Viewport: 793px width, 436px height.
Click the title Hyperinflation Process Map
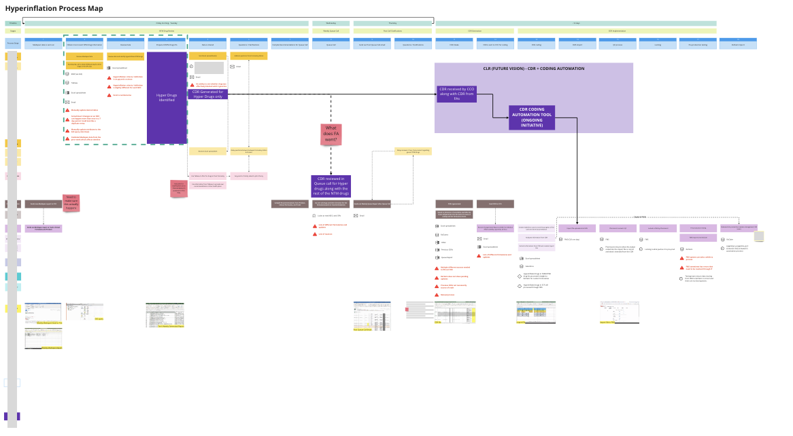tap(54, 7)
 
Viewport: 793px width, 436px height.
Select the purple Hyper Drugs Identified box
tap(167, 97)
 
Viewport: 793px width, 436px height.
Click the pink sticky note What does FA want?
tap(331, 134)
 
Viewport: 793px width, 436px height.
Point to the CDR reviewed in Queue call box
tap(331, 186)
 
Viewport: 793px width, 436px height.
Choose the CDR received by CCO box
tap(457, 94)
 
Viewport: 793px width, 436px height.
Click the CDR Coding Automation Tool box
tap(532, 117)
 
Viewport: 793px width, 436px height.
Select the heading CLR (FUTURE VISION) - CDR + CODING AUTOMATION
tap(533, 69)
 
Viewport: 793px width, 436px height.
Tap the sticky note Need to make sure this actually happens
tap(71, 202)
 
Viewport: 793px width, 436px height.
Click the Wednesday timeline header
tap(331, 23)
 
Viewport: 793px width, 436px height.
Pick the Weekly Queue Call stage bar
tap(331, 31)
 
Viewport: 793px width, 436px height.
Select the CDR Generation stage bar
tap(474, 31)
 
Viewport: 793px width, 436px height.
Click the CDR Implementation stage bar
tap(617, 31)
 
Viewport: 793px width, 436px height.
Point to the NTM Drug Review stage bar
tap(167, 31)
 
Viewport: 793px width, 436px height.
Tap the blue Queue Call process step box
tap(331, 44)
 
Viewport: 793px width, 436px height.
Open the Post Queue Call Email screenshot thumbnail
tap(371, 316)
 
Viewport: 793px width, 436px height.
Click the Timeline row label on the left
tap(13, 23)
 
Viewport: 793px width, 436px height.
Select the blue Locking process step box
tap(658, 44)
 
